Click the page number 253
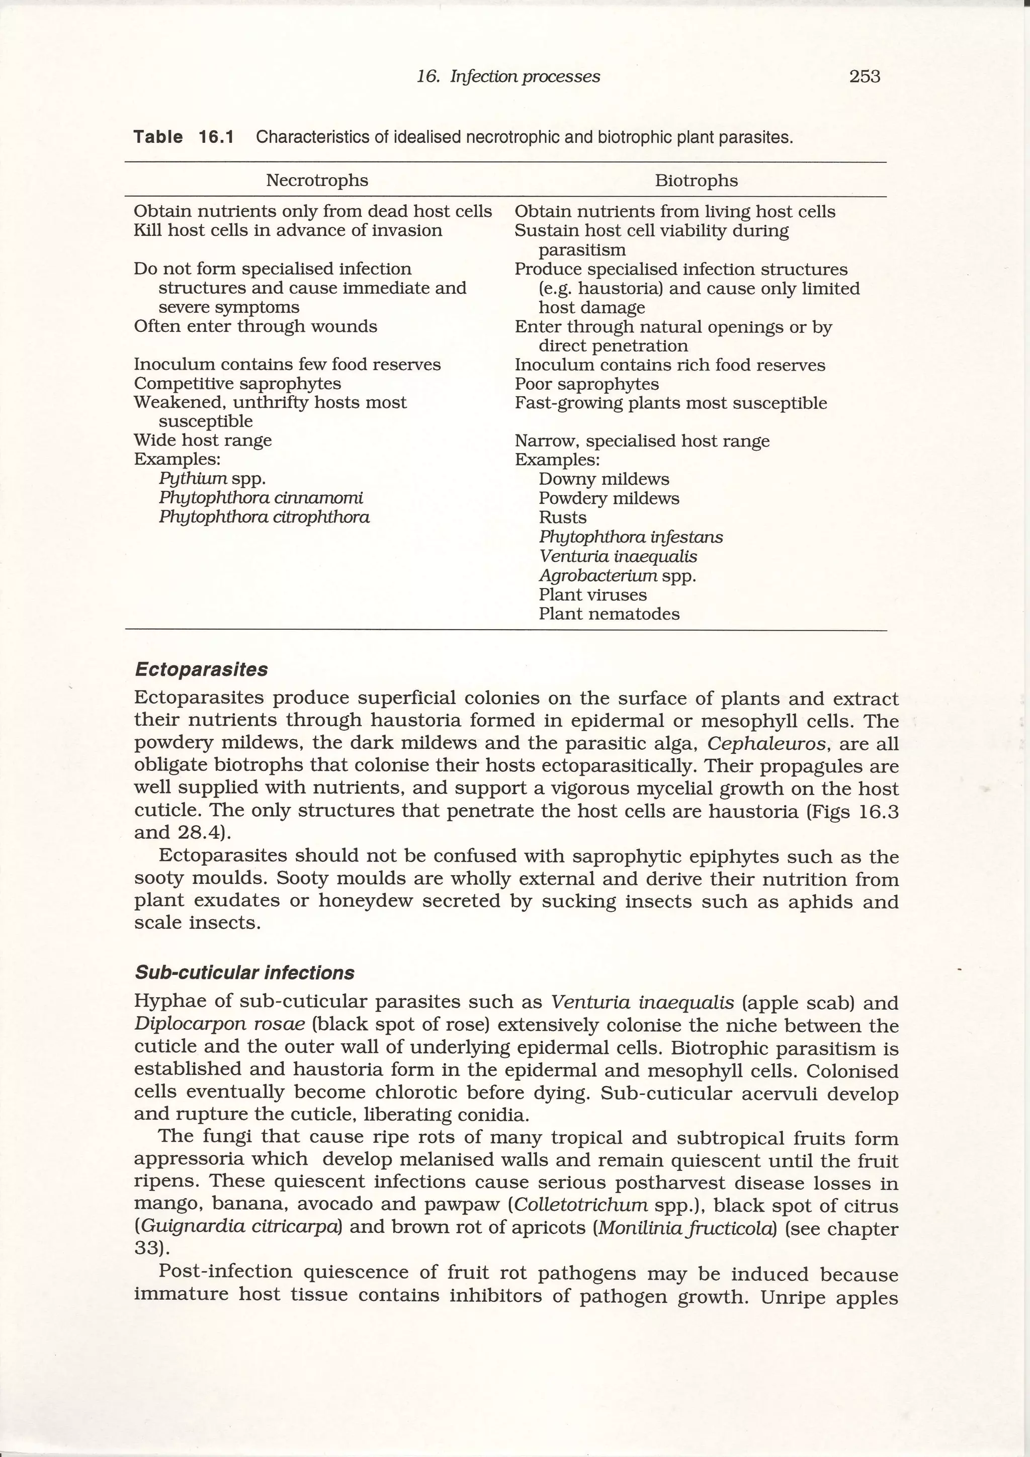pos(865,77)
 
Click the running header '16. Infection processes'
pos(507,77)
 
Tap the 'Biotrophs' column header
pos(696,181)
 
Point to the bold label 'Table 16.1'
pos(184,137)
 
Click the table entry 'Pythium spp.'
pos(212,478)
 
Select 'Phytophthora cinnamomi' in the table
pos(261,497)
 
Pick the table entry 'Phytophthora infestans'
pos(630,537)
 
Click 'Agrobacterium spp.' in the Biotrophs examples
pos(617,575)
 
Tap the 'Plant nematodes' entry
pos(609,614)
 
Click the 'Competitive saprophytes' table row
pos(237,383)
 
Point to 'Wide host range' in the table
pos(203,441)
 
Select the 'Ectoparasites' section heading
pos(201,669)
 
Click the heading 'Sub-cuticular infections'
pos(244,973)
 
